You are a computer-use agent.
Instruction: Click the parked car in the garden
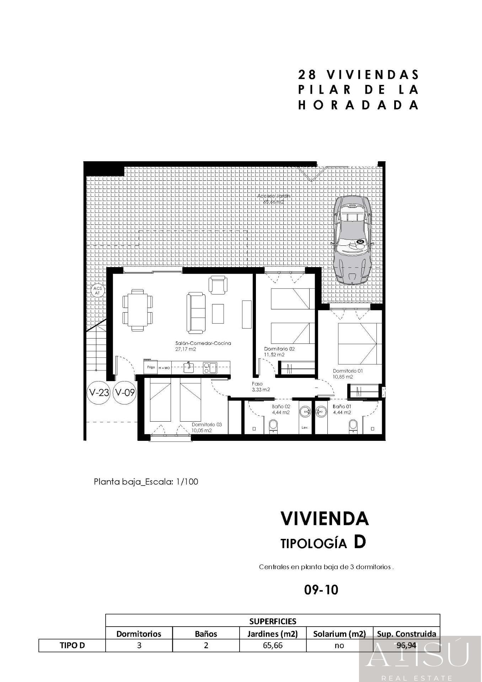352,240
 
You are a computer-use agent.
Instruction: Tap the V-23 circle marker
99,393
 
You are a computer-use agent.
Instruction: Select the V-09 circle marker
125,393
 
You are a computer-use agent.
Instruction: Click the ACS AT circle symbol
97,291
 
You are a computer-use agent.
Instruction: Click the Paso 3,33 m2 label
261,386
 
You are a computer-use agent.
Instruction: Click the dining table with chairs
138,310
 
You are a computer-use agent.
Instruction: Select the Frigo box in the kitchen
151,367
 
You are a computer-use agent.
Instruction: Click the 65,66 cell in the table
273,645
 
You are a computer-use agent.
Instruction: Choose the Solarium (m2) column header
339,634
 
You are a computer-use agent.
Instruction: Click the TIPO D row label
72,645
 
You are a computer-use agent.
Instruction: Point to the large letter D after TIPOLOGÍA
359,542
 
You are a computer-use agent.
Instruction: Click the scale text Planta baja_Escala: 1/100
146,482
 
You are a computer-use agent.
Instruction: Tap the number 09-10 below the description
321,590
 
